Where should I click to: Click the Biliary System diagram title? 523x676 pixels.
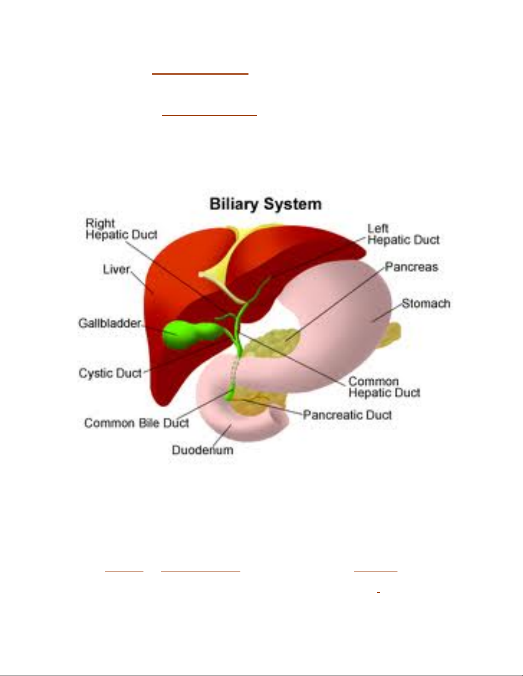pyautogui.click(x=265, y=204)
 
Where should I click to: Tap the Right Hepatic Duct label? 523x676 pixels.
pyautogui.click(x=121, y=229)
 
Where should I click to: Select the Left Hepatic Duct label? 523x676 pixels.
pyautogui.click(x=403, y=234)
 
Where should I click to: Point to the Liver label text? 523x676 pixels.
pyautogui.click(x=116, y=270)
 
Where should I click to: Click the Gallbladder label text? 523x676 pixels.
pyautogui.click(x=110, y=323)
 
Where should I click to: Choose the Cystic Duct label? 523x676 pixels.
pyautogui.click(x=110, y=373)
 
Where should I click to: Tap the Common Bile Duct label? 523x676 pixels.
pyautogui.click(x=137, y=423)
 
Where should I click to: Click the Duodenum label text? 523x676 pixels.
pyautogui.click(x=202, y=450)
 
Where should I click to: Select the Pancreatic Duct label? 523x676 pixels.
pyautogui.click(x=347, y=415)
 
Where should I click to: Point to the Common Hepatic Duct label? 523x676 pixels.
pyautogui.click(x=384, y=387)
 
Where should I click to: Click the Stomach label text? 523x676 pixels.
pyautogui.click(x=426, y=304)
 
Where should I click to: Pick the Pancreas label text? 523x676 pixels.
pyautogui.click(x=412, y=267)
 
